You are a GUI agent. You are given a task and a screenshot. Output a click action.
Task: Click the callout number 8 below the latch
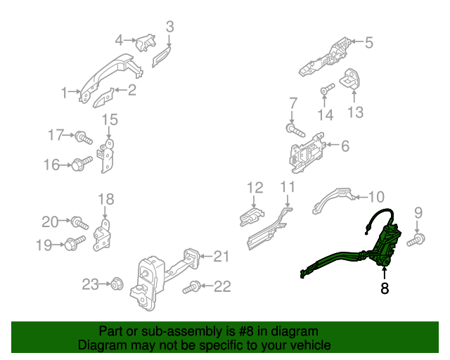pos(385,288)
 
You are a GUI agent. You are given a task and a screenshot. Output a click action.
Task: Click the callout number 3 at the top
pos(169,27)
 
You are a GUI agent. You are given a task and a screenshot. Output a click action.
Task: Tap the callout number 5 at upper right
pos(368,42)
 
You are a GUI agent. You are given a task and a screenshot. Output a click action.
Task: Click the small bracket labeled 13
pos(352,82)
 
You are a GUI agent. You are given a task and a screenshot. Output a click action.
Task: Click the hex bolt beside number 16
pos(79,165)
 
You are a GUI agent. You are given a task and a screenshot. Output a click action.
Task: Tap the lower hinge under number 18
pos(103,233)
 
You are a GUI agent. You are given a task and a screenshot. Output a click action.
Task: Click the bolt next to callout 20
pos(79,224)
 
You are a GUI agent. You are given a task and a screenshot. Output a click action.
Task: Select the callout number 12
pos(255,188)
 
